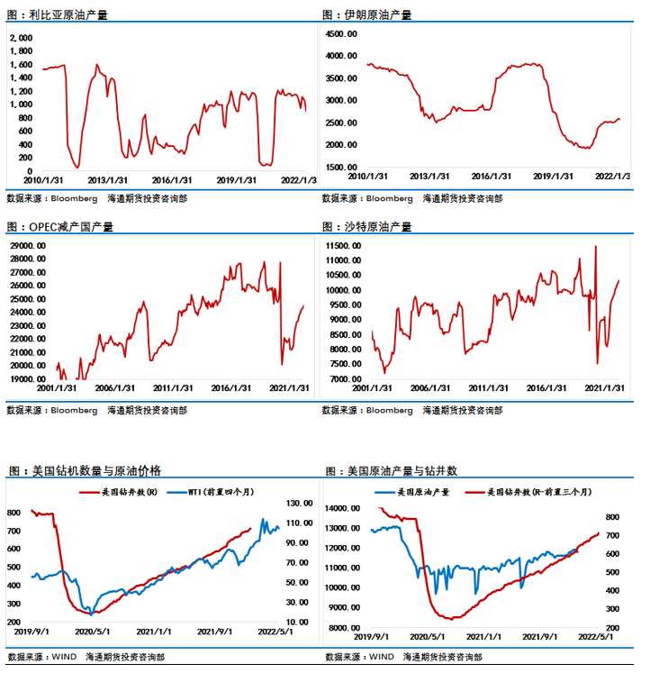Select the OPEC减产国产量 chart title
(x=71, y=227)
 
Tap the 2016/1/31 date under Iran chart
(x=492, y=177)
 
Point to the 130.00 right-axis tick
(x=300, y=504)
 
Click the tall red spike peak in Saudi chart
(x=595, y=246)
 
